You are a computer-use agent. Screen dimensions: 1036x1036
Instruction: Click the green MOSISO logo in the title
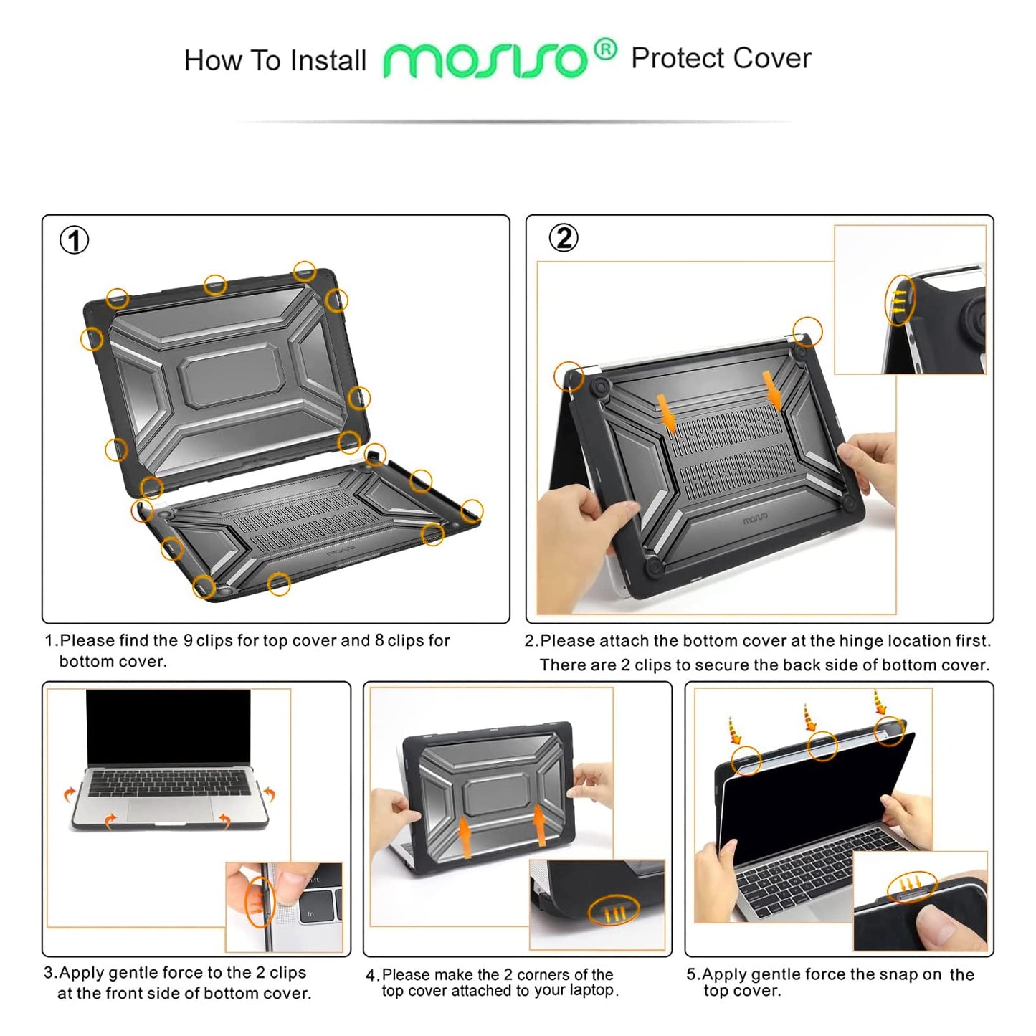coord(485,60)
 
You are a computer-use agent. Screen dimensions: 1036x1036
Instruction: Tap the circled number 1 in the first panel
coord(74,240)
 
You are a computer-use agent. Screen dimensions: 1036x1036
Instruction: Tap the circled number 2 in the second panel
coord(564,238)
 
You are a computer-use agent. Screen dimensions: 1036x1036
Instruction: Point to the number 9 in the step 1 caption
coord(188,641)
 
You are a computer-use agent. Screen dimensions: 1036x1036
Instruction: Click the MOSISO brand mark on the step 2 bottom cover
coord(755,518)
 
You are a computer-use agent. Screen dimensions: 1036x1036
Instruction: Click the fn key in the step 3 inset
coord(310,914)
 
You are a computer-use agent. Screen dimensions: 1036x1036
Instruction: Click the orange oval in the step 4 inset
coord(614,911)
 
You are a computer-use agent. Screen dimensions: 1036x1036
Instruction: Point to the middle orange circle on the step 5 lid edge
coord(822,746)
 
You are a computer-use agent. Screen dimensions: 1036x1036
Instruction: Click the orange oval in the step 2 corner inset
coord(900,300)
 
